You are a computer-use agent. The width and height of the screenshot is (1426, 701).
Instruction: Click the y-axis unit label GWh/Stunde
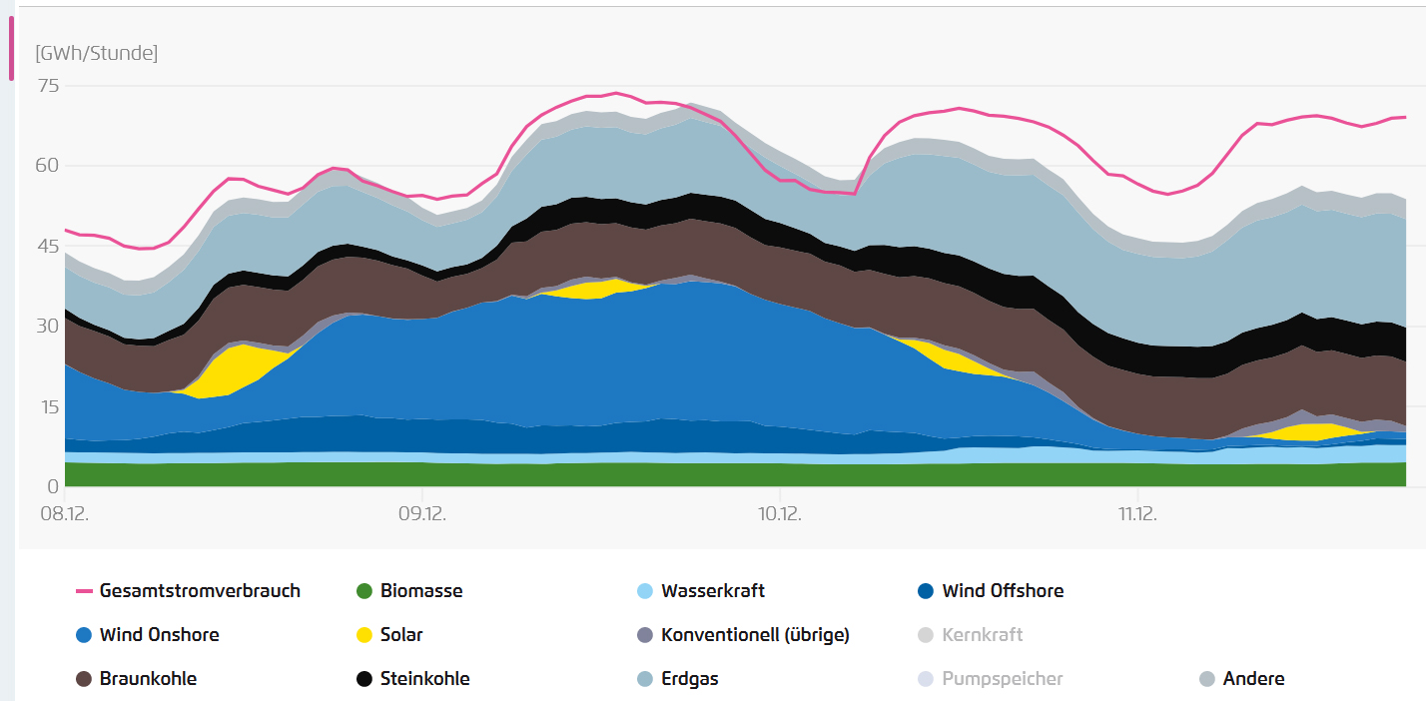pos(96,53)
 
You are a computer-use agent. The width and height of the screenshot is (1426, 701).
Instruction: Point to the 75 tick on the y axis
pos(48,86)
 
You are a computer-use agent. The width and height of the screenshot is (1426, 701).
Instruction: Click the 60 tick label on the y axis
pos(48,166)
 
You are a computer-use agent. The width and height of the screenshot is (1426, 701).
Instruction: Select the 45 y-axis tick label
pos(48,246)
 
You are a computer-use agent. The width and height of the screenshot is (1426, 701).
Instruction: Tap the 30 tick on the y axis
pos(48,326)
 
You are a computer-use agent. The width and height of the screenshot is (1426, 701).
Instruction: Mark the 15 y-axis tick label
pos(48,406)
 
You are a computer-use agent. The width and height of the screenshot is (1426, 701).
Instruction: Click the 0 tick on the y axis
pos(54,486)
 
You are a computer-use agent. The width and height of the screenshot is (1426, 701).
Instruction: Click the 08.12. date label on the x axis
pos(64,514)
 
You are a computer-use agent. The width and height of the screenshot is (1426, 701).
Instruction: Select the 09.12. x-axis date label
pos(421,514)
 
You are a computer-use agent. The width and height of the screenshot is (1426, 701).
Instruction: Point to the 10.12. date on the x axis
pos(779,514)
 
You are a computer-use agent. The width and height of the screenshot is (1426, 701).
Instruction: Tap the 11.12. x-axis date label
pos(1137,514)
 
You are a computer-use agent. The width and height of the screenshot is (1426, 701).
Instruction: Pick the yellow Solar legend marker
pos(364,635)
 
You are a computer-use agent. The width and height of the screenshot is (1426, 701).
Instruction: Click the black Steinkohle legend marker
pos(364,679)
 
